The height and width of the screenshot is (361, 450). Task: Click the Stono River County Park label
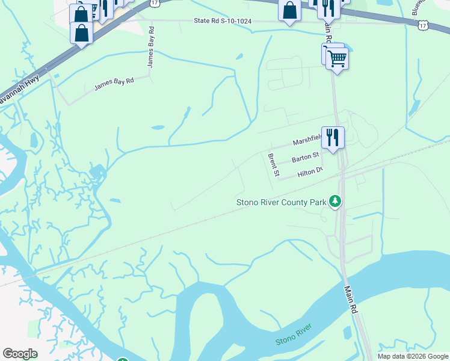click(281, 202)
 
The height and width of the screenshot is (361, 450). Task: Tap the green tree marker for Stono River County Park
click(336, 202)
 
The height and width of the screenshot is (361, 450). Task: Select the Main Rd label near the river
click(351, 299)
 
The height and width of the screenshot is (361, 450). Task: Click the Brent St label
click(273, 165)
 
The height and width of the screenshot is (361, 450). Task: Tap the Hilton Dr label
click(310, 173)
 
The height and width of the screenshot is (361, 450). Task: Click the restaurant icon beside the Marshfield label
click(333, 137)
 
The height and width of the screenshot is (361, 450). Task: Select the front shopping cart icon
click(337, 59)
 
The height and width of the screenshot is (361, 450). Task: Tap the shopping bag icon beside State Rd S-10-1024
click(290, 10)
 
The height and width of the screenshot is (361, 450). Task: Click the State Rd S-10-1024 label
click(223, 21)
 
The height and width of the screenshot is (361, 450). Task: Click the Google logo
click(20, 354)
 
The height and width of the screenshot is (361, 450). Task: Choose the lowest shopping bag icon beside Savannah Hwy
click(81, 32)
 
